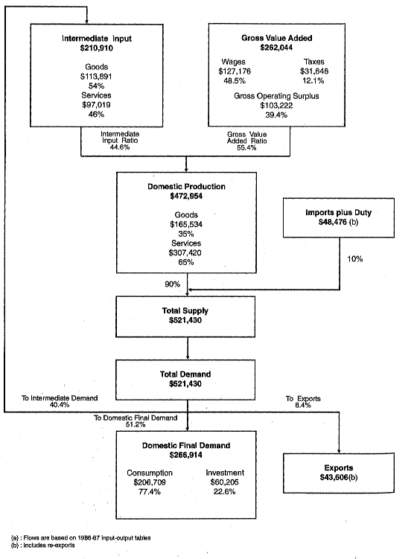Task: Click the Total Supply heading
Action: pyautogui.click(x=186, y=310)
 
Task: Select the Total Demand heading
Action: pyautogui.click(x=186, y=372)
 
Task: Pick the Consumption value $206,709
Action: pyautogui.click(x=149, y=482)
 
